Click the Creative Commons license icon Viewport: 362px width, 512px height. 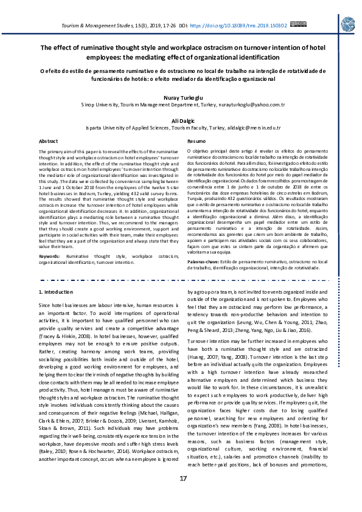pos(298,25)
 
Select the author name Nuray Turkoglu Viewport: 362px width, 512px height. pos(181,97)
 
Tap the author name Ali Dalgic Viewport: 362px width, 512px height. pos(181,121)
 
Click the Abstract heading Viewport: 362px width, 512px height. pos(49,141)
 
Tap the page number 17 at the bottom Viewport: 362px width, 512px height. pos(183,496)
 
